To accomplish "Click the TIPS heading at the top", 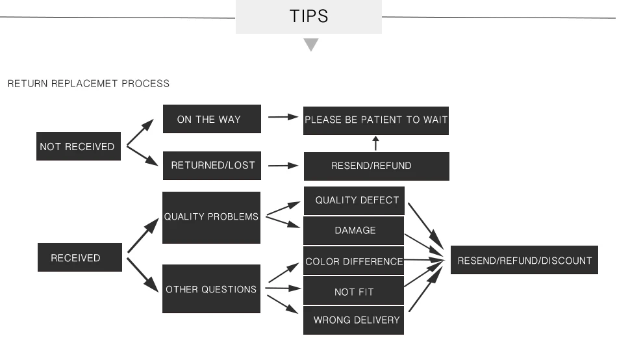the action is [308, 16].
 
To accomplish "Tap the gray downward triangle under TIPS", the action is [311, 44].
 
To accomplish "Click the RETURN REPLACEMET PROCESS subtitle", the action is [88, 83].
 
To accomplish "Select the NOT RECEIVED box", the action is [79, 146].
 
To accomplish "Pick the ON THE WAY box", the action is [212, 119].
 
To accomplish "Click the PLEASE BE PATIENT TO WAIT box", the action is [376, 120].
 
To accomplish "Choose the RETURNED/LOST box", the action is [212, 166].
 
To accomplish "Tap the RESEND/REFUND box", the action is [376, 166].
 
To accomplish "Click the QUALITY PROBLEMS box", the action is [211, 218].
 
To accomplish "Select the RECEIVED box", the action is [80, 257].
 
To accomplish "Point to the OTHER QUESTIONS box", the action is [211, 289].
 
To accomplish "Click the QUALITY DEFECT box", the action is [354, 201].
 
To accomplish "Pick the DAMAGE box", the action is [354, 231].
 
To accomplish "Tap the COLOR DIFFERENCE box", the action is [354, 261].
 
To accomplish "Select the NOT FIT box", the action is [354, 290].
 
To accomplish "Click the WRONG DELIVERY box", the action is [354, 320].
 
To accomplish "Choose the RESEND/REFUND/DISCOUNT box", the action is [524, 260].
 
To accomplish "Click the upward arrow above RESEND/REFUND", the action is [376, 144].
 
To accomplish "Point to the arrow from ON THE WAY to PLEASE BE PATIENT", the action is [283, 117].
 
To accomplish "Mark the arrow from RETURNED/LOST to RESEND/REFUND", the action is [283, 166].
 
